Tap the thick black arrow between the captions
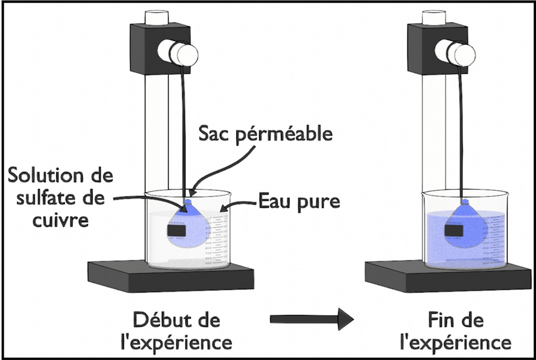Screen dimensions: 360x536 click(x=311, y=319)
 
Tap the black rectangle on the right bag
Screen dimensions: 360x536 click(x=454, y=230)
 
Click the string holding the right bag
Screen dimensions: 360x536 click(x=461, y=134)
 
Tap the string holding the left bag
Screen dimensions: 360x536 click(x=185, y=134)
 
